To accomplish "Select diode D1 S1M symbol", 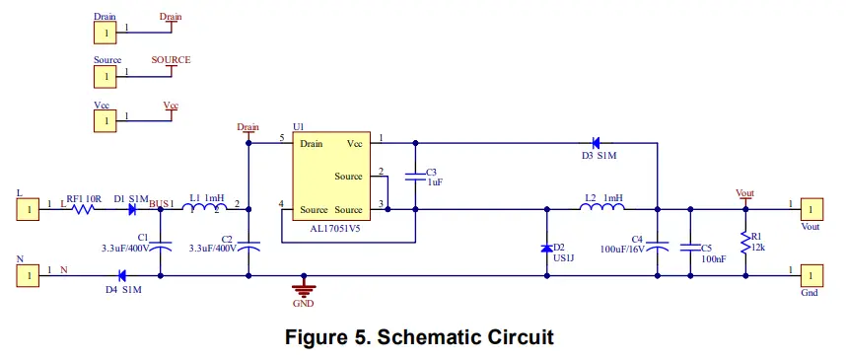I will tap(130, 209).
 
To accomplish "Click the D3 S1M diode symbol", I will tap(596, 143).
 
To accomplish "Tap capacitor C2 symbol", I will tap(248, 245).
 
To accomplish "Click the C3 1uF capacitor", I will tap(416, 178).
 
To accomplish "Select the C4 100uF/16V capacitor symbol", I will tap(660, 245).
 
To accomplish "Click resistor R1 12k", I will tap(745, 242).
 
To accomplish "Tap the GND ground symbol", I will tap(305, 290).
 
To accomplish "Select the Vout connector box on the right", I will tap(811, 208).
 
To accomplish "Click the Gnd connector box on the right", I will tap(811, 275).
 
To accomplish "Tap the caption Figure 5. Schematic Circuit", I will tap(419, 337).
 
